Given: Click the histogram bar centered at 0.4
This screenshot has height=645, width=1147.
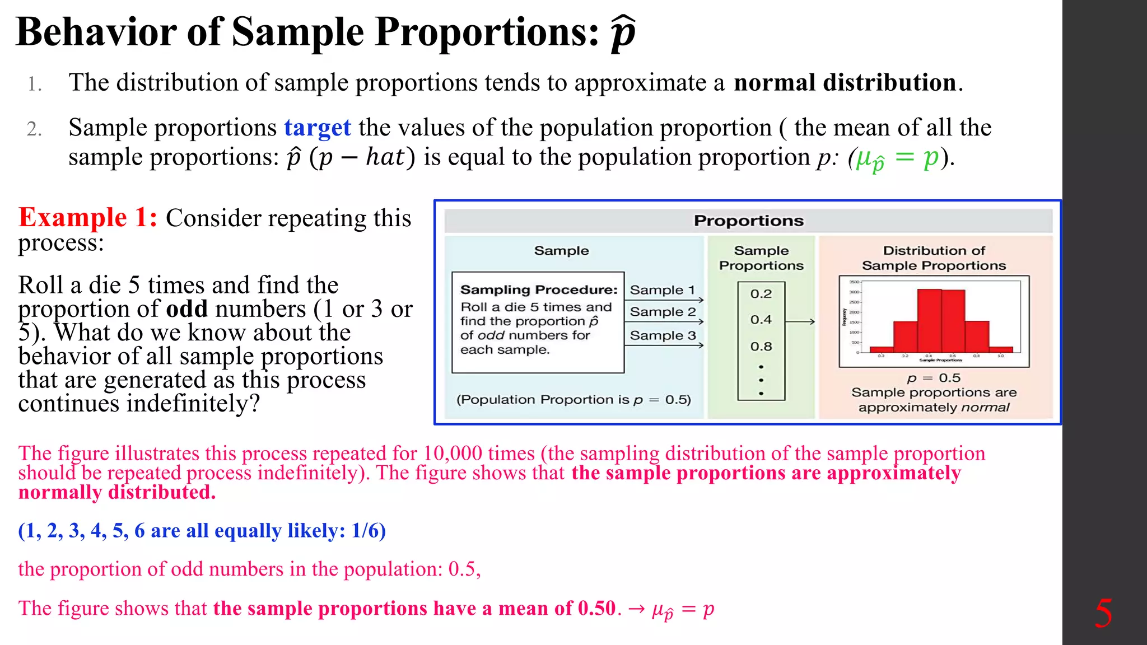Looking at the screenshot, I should coord(929,321).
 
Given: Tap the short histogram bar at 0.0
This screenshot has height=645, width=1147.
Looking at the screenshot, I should coord(882,349).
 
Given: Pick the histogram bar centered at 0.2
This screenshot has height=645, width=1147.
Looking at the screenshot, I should coord(905,336).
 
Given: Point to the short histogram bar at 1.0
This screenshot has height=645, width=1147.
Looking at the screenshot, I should coord(1001,349).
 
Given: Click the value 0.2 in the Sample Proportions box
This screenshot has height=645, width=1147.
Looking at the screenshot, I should coord(761,294).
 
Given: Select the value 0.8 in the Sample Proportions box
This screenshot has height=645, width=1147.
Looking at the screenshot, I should coord(761,347).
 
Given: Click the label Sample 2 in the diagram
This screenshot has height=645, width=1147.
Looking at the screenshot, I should coord(663,312).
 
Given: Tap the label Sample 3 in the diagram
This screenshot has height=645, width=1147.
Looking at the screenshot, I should coord(663,335).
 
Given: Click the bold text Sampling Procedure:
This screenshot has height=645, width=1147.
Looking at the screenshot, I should coord(538,289).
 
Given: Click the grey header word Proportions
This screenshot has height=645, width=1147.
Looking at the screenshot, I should coord(748,221).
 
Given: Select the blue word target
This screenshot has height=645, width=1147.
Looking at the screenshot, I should coord(317,128).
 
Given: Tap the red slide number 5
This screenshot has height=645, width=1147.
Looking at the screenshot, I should coord(1103,613).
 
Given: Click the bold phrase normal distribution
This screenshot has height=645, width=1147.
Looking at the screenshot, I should coord(845,83).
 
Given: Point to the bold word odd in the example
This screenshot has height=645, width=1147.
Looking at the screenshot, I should coord(186,309).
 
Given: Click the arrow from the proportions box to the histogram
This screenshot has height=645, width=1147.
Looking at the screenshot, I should coord(799,321).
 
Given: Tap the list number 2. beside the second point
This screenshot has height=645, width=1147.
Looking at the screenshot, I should coord(34,129).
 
